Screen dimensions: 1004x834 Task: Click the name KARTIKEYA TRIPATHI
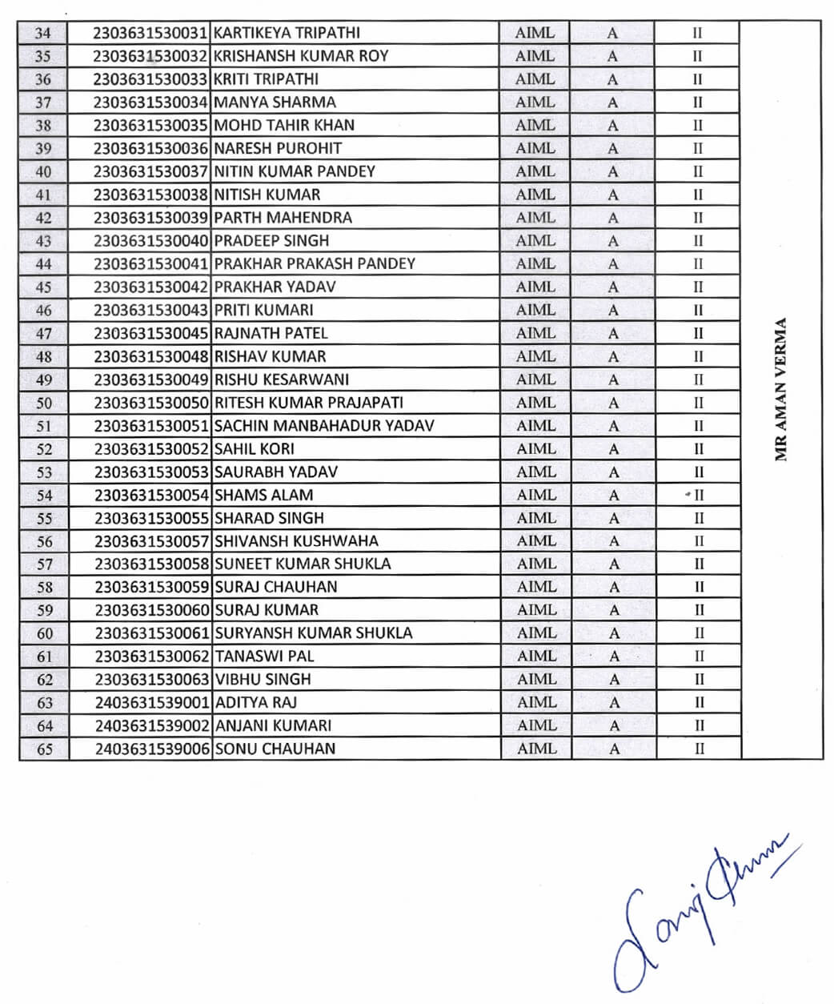(x=287, y=33)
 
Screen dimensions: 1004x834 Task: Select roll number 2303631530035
(x=151, y=126)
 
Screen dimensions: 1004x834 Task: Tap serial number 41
(x=43, y=195)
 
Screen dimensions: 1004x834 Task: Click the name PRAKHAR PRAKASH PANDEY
(x=315, y=263)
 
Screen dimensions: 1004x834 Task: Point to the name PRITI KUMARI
(x=263, y=310)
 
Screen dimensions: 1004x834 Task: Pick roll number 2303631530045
(x=151, y=333)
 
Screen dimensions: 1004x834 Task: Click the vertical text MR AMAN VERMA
(x=781, y=390)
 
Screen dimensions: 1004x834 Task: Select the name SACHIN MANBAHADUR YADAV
(x=324, y=426)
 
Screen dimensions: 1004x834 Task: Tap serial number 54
(x=44, y=496)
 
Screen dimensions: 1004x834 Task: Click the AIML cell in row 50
(x=535, y=403)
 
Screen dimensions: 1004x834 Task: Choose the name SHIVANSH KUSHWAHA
(x=296, y=541)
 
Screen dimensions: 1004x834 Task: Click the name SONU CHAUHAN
(x=275, y=749)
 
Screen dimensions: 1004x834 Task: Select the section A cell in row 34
(x=612, y=34)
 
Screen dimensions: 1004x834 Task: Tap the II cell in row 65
(x=699, y=749)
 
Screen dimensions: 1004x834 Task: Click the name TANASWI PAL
(x=264, y=657)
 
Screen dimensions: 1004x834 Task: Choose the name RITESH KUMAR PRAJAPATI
(x=308, y=403)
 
